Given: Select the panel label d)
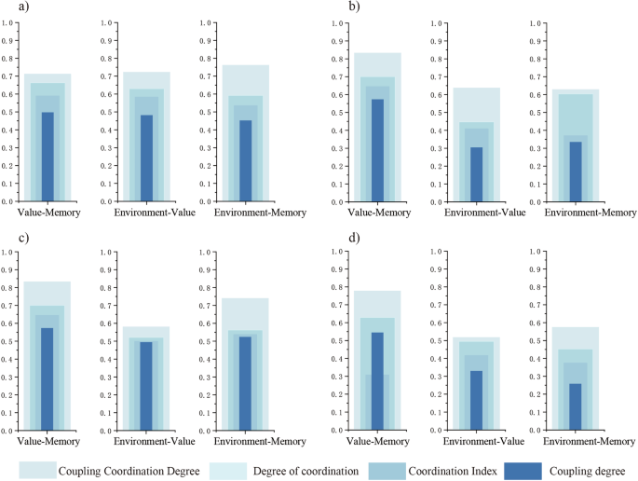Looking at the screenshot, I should (x=355, y=237).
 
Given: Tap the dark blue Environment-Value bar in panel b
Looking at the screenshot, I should (x=477, y=174).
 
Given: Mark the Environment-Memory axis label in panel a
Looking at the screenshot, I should (x=246, y=213).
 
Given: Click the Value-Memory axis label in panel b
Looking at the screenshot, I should (x=378, y=213).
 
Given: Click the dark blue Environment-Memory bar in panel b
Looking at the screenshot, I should (x=576, y=172).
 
